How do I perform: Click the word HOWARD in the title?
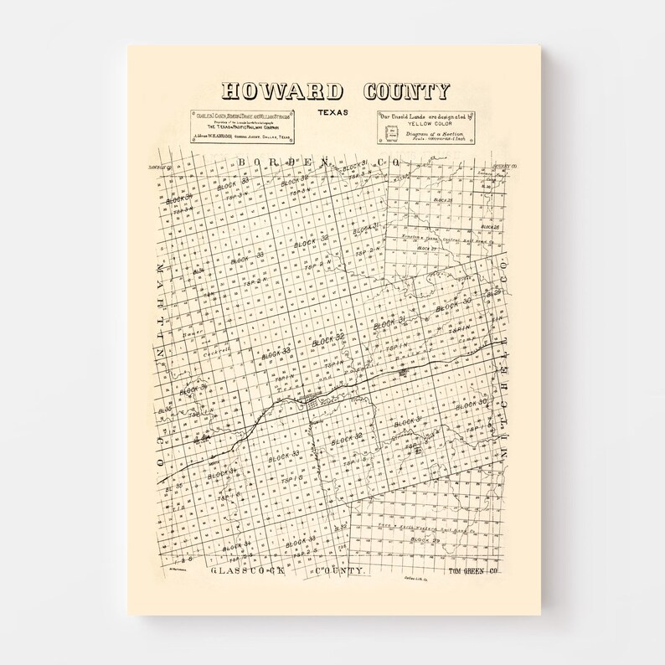(281, 91)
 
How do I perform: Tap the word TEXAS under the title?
(333, 112)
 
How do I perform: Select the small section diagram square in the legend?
(390, 134)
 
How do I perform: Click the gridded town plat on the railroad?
(317, 405)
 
